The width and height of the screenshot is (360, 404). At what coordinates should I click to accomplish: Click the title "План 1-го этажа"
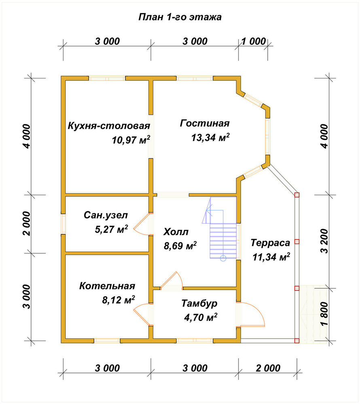tap(180, 17)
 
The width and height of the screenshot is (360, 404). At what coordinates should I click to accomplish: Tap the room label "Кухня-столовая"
tap(109, 126)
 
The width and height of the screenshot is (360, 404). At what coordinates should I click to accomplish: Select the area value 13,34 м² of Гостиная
tap(210, 137)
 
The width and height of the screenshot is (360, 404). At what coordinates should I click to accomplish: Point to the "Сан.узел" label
tap(106, 215)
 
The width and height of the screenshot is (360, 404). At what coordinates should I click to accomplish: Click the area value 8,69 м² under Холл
tap(180, 246)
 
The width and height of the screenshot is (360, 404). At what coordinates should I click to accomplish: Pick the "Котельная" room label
tap(107, 286)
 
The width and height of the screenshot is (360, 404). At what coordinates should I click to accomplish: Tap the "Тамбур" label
tap(199, 303)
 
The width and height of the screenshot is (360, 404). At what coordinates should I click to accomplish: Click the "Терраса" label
tap(270, 243)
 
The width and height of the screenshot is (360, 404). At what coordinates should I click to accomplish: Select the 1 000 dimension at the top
tap(254, 41)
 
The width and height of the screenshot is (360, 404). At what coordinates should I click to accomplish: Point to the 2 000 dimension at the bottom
tap(268, 368)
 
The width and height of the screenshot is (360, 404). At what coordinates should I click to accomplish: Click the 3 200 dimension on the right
tap(325, 241)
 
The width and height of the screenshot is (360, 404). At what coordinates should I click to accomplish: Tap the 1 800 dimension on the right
tap(325, 314)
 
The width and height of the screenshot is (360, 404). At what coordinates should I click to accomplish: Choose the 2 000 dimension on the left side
tap(27, 224)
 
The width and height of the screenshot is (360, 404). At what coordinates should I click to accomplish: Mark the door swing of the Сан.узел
tap(141, 224)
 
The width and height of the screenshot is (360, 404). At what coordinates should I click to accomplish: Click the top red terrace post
tap(297, 195)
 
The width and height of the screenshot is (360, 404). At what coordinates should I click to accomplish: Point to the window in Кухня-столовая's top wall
tap(107, 78)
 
